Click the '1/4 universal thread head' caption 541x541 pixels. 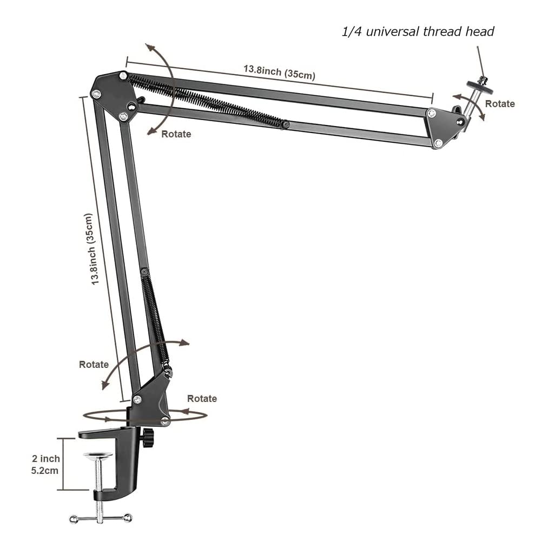pos(418,31)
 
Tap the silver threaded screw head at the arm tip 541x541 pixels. pos(477,87)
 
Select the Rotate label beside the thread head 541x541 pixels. pos(499,103)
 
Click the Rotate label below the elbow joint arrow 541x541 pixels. pos(176,134)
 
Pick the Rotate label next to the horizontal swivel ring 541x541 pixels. pos(202,399)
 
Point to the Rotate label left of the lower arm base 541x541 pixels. pos(94,364)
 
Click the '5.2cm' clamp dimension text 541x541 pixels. pos(45,470)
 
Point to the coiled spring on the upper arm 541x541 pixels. pos(206,101)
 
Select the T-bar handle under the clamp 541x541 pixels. pos(101,518)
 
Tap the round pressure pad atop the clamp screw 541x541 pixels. pos(98,456)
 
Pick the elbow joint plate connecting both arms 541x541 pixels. pos(113,96)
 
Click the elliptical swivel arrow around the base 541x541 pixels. pos(144,415)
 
